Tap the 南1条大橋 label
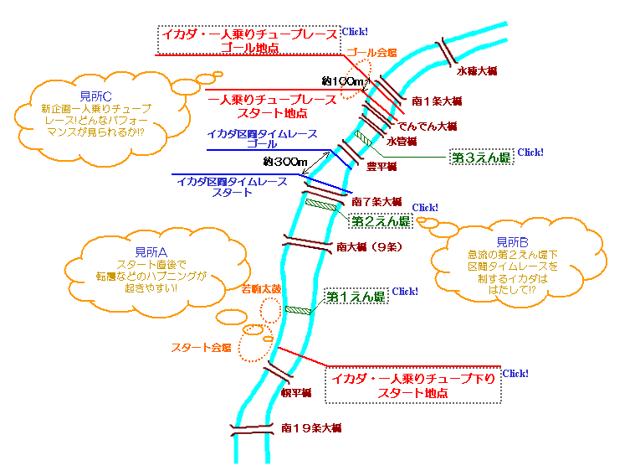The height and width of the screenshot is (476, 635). (438, 101)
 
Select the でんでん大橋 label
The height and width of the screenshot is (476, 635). (427, 126)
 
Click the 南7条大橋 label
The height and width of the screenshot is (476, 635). (377, 202)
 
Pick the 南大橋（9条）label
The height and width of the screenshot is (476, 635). (371, 247)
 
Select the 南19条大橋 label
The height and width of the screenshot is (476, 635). (311, 428)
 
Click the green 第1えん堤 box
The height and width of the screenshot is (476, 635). (356, 297)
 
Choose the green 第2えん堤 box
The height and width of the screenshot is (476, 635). (381, 221)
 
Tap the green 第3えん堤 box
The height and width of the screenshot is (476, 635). (481, 157)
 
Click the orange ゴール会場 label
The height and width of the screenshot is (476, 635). (371, 52)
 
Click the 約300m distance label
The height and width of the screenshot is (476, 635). (285, 161)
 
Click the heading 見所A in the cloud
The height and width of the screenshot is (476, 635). (151, 251)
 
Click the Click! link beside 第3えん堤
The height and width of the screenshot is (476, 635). (531, 153)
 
